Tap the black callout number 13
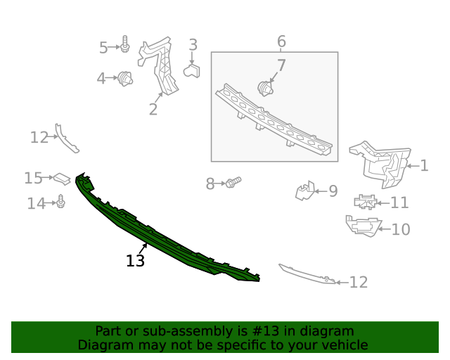135,261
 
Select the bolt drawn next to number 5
124,45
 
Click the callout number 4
101,78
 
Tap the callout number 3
193,46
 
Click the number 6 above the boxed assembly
281,41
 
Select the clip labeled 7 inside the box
265,88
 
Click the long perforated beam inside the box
274,118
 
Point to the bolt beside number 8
233,183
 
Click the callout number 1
424,166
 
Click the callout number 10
400,229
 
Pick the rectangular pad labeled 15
62,178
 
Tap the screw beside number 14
61,203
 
